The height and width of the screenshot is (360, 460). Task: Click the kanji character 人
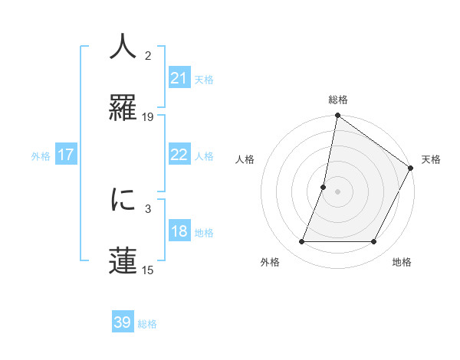click(x=123, y=48)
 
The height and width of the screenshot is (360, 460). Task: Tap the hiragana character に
click(x=123, y=201)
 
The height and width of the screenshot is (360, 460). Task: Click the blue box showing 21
click(x=179, y=78)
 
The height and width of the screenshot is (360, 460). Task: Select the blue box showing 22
click(x=179, y=155)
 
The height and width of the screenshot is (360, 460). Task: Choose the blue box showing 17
click(x=66, y=155)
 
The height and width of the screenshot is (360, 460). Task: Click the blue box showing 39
click(x=123, y=322)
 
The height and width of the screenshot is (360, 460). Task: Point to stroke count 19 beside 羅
click(x=148, y=117)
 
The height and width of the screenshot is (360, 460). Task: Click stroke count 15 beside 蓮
click(x=148, y=270)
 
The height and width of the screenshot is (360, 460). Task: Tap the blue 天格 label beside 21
click(x=204, y=79)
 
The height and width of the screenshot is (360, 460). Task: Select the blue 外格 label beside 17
click(x=41, y=155)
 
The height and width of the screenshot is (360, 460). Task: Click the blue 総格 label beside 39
click(x=147, y=323)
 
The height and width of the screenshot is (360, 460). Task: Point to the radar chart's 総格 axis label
click(x=337, y=100)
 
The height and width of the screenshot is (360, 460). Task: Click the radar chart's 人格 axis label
click(x=245, y=159)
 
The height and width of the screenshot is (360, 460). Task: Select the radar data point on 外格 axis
click(x=301, y=242)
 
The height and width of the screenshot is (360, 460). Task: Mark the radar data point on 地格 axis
click(x=374, y=242)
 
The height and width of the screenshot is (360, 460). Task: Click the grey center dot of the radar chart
click(x=337, y=191)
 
